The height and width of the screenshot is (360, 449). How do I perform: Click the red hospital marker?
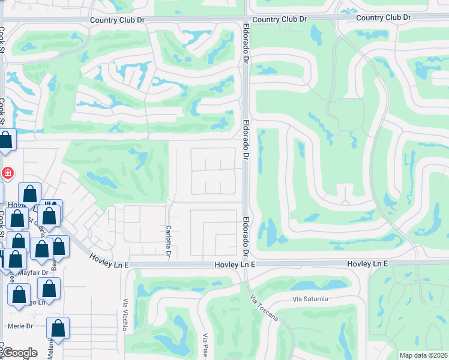7,173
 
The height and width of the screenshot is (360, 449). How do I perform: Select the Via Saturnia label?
312,299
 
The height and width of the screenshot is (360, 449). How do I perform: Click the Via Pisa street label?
205,346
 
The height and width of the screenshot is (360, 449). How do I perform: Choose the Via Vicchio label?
126,315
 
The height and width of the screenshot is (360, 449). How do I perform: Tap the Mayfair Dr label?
32,272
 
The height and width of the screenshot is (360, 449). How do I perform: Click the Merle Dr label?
20,326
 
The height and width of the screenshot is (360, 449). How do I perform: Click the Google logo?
19,353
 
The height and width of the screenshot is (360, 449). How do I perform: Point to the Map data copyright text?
423,355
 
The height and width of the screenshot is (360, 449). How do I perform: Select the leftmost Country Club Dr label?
118,20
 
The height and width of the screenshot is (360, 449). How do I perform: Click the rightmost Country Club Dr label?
384,17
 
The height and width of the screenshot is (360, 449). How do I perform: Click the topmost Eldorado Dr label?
246,44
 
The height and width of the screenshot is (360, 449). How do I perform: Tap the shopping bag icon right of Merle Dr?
58,328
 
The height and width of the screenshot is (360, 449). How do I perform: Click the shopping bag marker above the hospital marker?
6,142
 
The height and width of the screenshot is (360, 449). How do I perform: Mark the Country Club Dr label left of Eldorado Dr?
118,20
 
